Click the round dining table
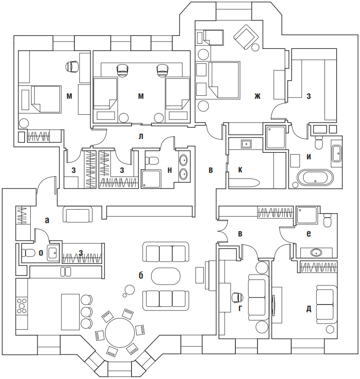[x=119, y=332]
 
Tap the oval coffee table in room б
[x=163, y=276]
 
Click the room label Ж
[x=258, y=96]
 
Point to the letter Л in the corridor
[x=141, y=136]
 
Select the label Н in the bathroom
[x=170, y=171]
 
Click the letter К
[x=240, y=170]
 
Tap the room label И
[x=309, y=157]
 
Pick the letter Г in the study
[x=241, y=309]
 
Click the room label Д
[x=309, y=309]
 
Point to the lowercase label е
[x=309, y=233]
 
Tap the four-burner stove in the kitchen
[x=21, y=306]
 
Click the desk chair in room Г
[x=237, y=298]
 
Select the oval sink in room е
[x=316, y=252]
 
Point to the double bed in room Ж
[x=224, y=80]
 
